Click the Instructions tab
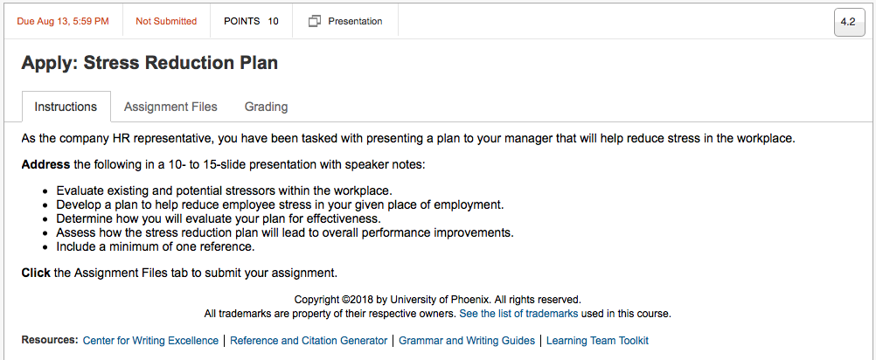66,107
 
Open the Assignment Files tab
170,107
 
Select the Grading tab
266,107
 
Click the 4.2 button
848,22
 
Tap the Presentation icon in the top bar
315,21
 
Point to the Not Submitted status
166,21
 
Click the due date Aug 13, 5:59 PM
63,21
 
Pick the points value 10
273,21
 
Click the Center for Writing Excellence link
150,341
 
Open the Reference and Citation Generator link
309,341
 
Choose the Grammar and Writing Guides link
467,341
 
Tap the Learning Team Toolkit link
597,341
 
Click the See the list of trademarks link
518,314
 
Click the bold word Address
45,165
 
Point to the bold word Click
36,273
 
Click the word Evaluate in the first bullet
78,190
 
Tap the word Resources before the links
49,340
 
